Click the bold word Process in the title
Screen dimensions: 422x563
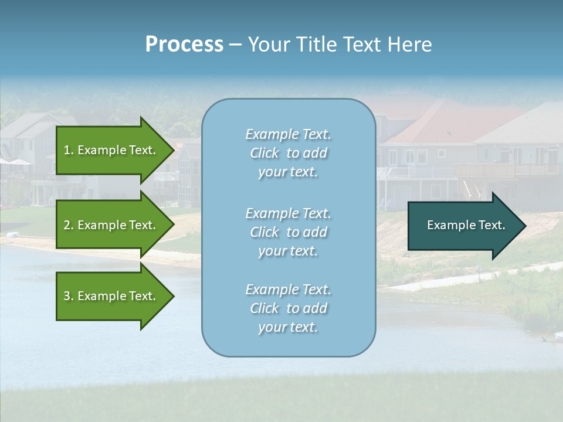coord(184,45)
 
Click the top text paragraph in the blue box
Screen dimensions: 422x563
coord(288,153)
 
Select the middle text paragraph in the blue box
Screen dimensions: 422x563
coord(288,232)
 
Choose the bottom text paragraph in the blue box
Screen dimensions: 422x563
coord(288,308)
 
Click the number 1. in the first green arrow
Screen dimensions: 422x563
coord(69,150)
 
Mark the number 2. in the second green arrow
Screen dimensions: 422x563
coord(69,225)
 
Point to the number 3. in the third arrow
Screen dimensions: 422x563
coord(69,296)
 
